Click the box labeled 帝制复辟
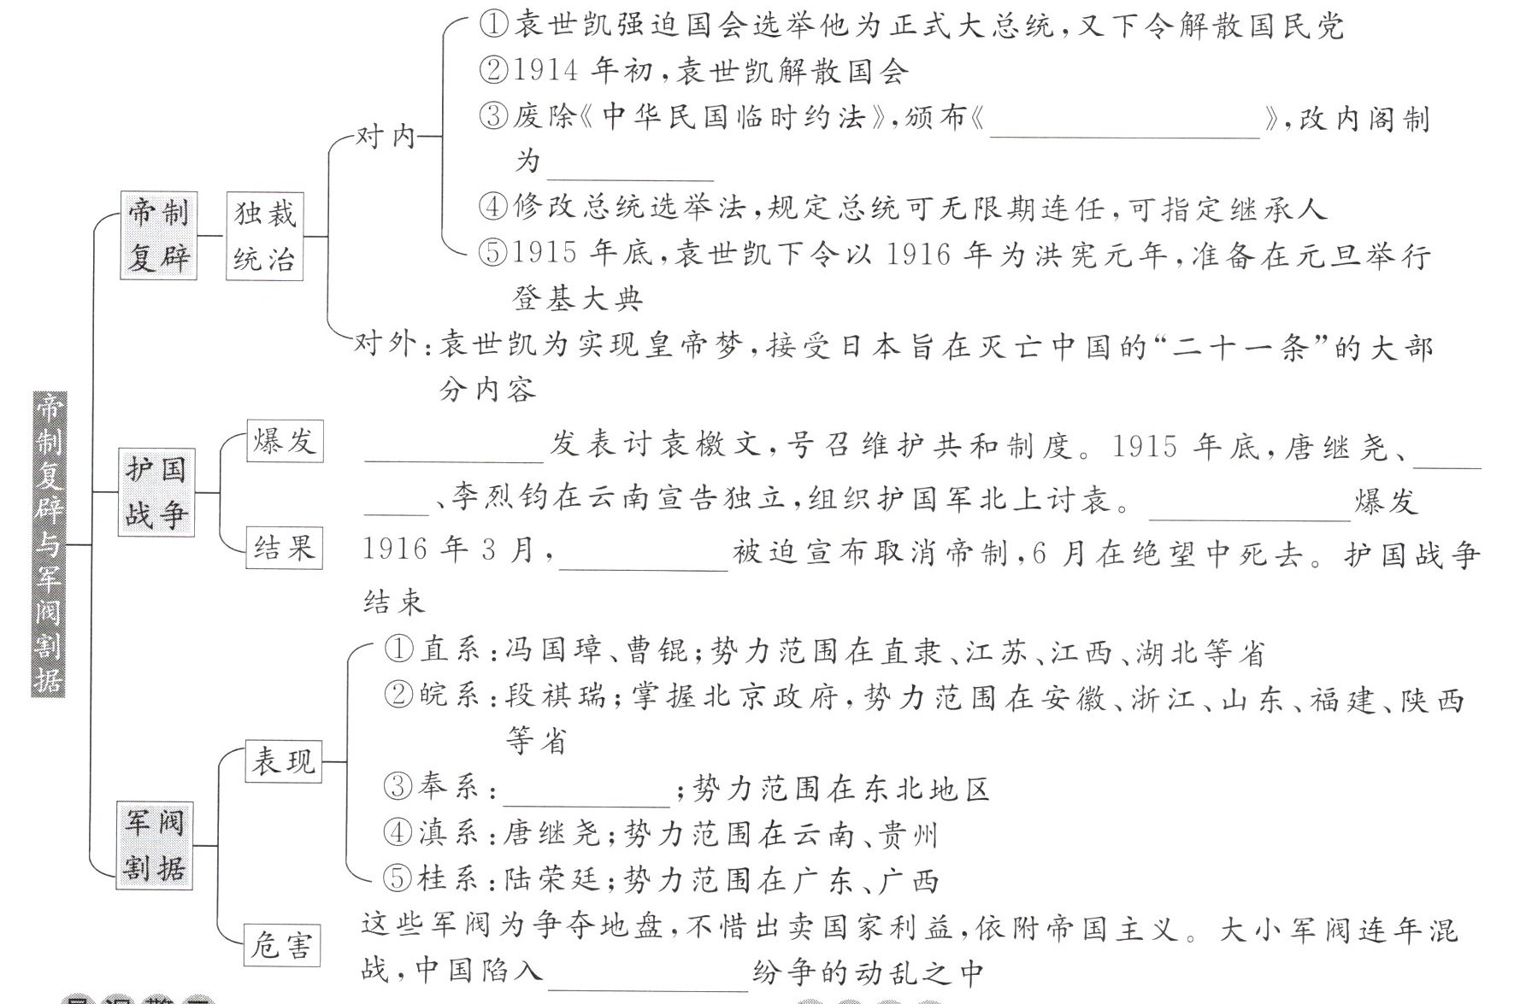[x=158, y=235]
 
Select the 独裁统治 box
[x=265, y=235]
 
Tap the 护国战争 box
[x=156, y=492]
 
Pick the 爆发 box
[x=284, y=441]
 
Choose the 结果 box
[x=284, y=548]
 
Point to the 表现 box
[x=283, y=760]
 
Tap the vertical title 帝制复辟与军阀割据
[x=48, y=543]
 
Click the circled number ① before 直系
[x=398, y=650]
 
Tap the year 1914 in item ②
[x=546, y=70]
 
